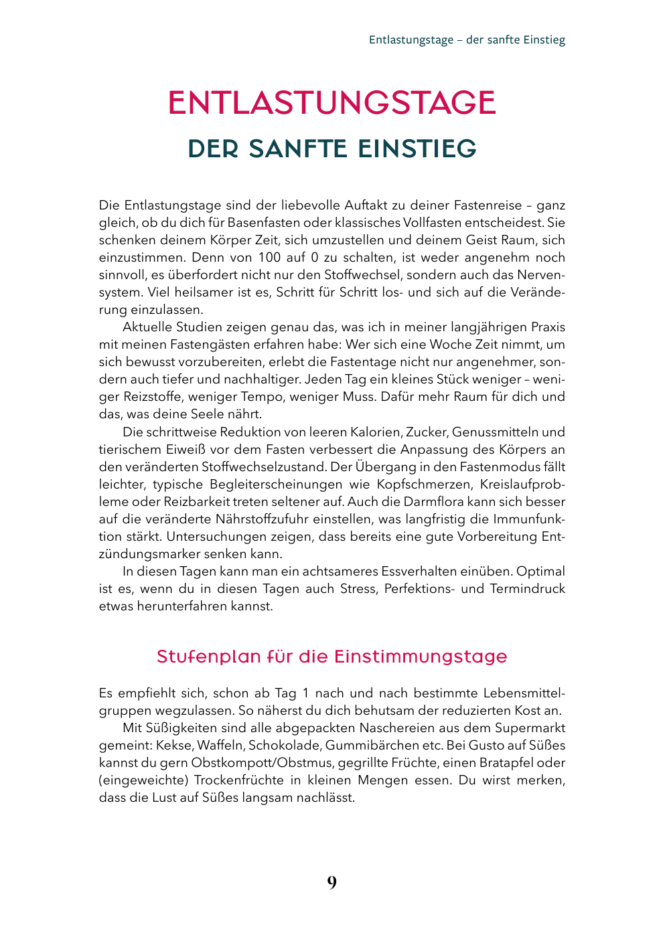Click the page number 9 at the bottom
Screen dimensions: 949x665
pos(332,883)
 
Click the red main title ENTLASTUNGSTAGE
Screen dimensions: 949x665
pos(331,103)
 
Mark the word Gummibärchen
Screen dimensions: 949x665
pos(365,746)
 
